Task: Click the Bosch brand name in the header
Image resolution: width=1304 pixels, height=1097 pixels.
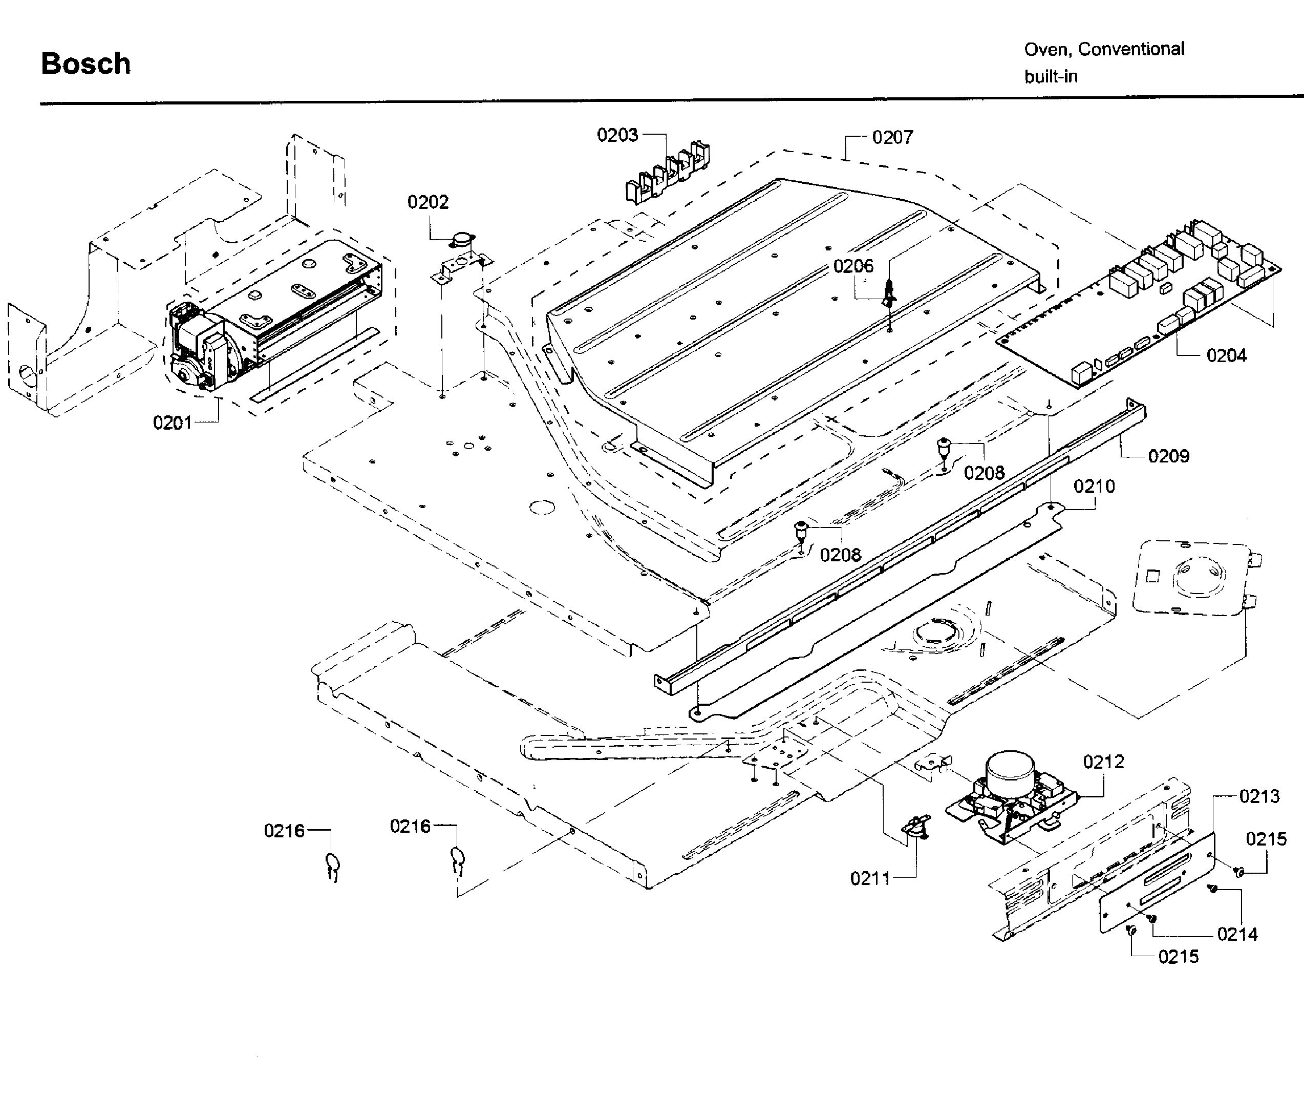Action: [x=86, y=64]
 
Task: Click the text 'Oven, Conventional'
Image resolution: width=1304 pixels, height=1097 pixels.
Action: [x=1104, y=49]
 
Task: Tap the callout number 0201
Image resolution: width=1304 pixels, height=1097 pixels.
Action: [x=172, y=423]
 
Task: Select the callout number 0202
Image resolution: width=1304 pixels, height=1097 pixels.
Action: [x=427, y=202]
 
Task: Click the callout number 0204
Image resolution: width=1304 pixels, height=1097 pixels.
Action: [x=1226, y=356]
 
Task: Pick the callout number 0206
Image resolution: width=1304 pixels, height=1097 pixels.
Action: [x=853, y=266]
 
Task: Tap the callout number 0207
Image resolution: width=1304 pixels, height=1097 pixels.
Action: [x=892, y=137]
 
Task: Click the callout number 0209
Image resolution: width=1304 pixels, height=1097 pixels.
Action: [x=1168, y=456]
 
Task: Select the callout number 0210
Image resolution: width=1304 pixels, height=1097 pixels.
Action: [x=1094, y=487]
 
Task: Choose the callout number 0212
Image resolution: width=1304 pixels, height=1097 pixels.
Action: [x=1103, y=762]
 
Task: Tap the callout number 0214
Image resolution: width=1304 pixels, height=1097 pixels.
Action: [x=1237, y=934]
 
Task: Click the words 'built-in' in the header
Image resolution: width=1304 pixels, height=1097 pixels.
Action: [x=1051, y=76]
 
